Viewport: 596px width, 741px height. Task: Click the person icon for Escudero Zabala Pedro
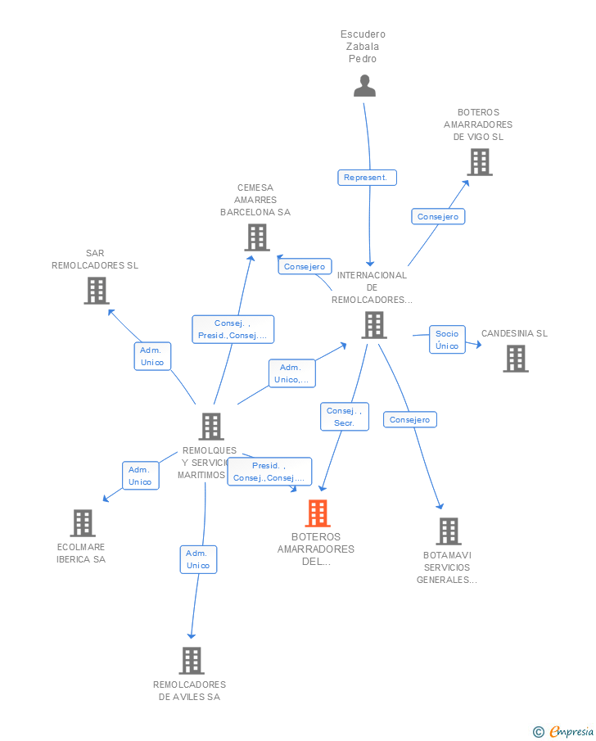click(364, 86)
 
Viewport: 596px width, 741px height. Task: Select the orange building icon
click(318, 513)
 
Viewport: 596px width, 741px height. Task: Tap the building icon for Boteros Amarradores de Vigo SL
click(480, 162)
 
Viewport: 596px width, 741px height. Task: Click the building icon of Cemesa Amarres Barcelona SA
click(257, 237)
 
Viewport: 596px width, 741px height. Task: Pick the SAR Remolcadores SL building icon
click(97, 291)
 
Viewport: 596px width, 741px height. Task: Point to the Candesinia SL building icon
click(516, 359)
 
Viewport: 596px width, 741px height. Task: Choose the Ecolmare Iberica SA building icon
click(83, 523)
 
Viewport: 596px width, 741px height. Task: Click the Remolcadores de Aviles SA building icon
click(191, 661)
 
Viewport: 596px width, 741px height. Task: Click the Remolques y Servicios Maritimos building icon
click(211, 427)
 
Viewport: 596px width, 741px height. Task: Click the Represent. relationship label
click(367, 178)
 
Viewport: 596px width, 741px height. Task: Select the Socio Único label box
click(447, 340)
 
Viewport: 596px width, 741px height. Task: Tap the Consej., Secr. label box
click(344, 417)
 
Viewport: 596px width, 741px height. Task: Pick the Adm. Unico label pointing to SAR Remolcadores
click(152, 356)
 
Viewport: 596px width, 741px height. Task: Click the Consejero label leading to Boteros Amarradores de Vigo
click(438, 216)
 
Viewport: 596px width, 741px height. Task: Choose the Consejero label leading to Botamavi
click(410, 419)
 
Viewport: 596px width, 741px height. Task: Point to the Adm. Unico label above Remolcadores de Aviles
click(198, 559)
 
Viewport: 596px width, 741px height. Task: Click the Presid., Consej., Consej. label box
click(269, 472)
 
